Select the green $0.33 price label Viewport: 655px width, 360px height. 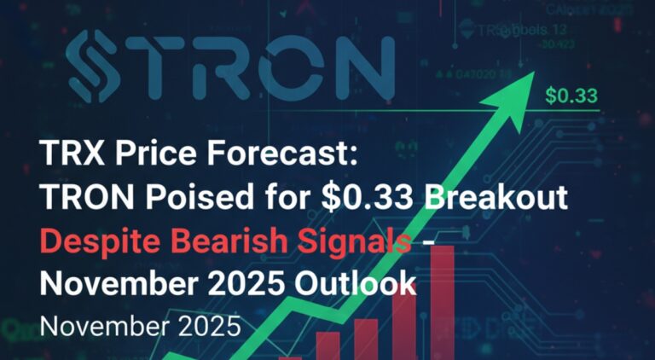pos(571,96)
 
